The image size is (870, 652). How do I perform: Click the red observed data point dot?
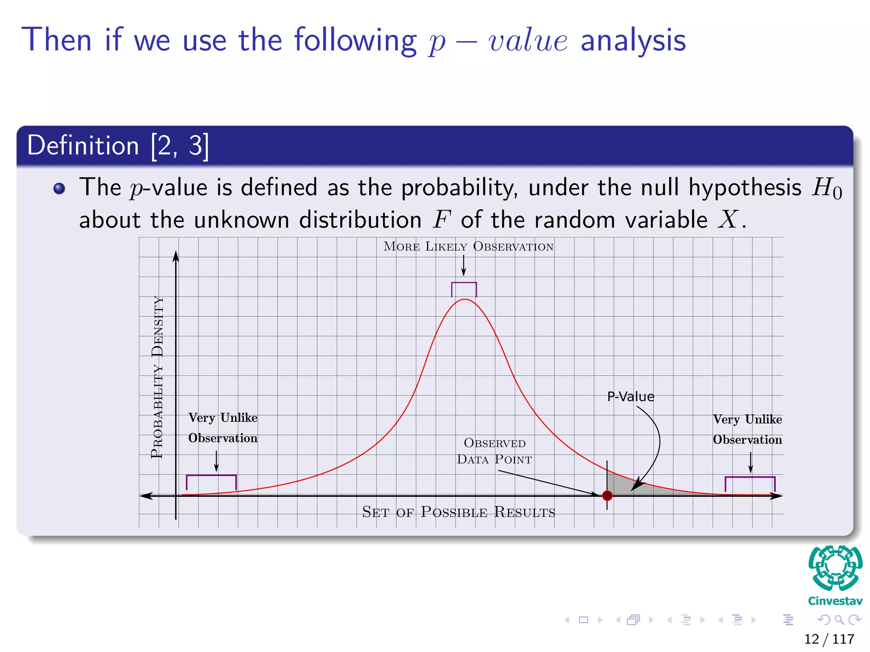click(x=607, y=495)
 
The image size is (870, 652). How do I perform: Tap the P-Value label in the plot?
click(x=630, y=397)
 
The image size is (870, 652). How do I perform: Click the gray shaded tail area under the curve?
click(x=624, y=486)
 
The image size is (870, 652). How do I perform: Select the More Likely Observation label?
click(x=468, y=247)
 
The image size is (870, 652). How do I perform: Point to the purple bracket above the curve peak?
click(x=464, y=283)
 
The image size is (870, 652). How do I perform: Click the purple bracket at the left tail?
click(x=211, y=476)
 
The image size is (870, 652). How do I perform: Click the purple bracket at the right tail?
click(x=750, y=478)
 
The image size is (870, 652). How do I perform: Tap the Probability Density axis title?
click(x=157, y=377)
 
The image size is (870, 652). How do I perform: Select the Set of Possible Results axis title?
click(x=458, y=512)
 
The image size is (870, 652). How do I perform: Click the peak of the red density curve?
click(x=465, y=300)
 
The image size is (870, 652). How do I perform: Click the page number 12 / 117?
click(x=829, y=639)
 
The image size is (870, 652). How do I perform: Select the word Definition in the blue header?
click(x=83, y=146)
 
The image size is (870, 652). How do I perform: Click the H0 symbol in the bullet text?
click(x=826, y=188)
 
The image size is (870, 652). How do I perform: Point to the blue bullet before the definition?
click(x=59, y=188)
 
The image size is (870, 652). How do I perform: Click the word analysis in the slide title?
click(x=633, y=41)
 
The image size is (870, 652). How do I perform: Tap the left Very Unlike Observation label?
click(x=223, y=428)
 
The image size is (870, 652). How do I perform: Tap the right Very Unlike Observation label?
click(x=747, y=430)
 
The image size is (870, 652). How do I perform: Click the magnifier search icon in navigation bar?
click(x=839, y=620)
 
